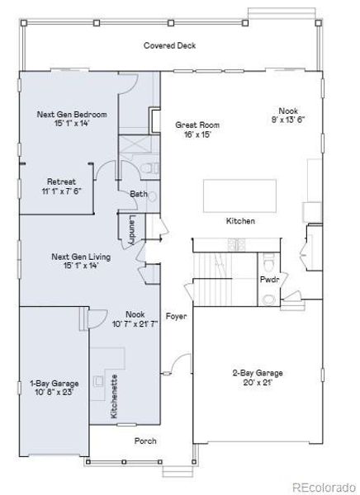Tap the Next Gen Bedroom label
tap(68, 114)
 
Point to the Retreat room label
tap(62, 181)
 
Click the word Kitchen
tap(240, 221)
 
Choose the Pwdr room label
tap(269, 280)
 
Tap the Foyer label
tap(175, 315)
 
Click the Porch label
tap(145, 441)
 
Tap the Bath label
tap(138, 194)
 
